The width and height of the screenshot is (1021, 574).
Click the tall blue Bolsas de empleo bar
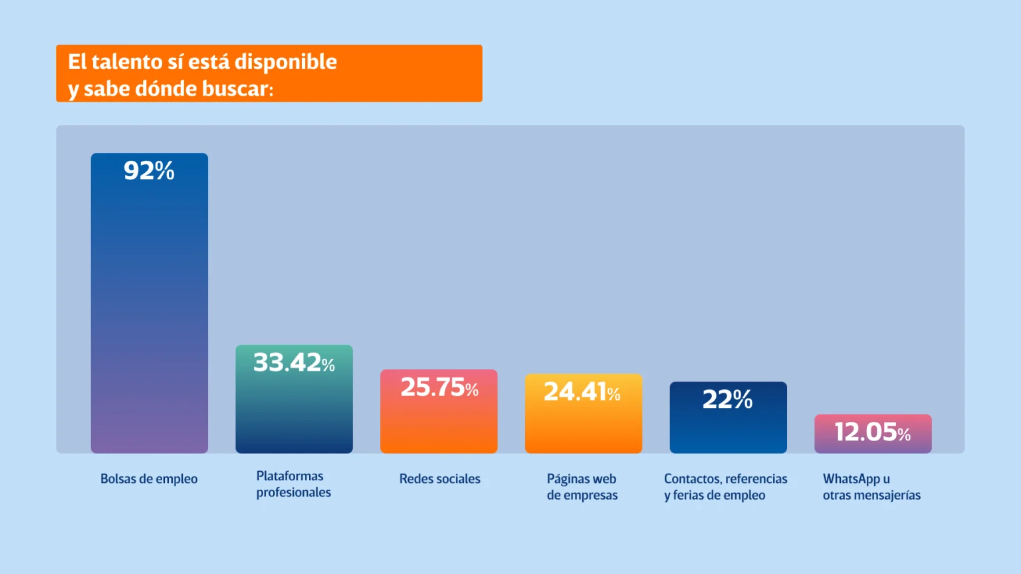tap(149, 312)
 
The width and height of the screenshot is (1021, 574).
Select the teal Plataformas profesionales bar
tap(294, 412)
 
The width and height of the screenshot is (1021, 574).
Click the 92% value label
tap(149, 171)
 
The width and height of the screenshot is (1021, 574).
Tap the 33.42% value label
tap(294, 363)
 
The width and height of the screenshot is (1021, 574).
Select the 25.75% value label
tap(439, 387)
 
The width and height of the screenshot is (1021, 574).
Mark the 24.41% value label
tap(582, 392)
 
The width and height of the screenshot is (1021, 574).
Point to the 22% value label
tap(728, 399)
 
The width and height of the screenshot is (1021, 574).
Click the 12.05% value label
tap(873, 432)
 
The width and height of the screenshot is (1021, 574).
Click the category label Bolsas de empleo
tap(149, 479)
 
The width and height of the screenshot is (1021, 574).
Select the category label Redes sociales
tap(439, 479)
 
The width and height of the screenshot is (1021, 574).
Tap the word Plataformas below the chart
tap(290, 476)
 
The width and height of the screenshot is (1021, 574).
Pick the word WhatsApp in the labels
tap(851, 479)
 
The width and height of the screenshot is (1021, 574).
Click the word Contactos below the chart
tap(692, 479)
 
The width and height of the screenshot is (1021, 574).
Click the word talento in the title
tap(127, 62)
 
